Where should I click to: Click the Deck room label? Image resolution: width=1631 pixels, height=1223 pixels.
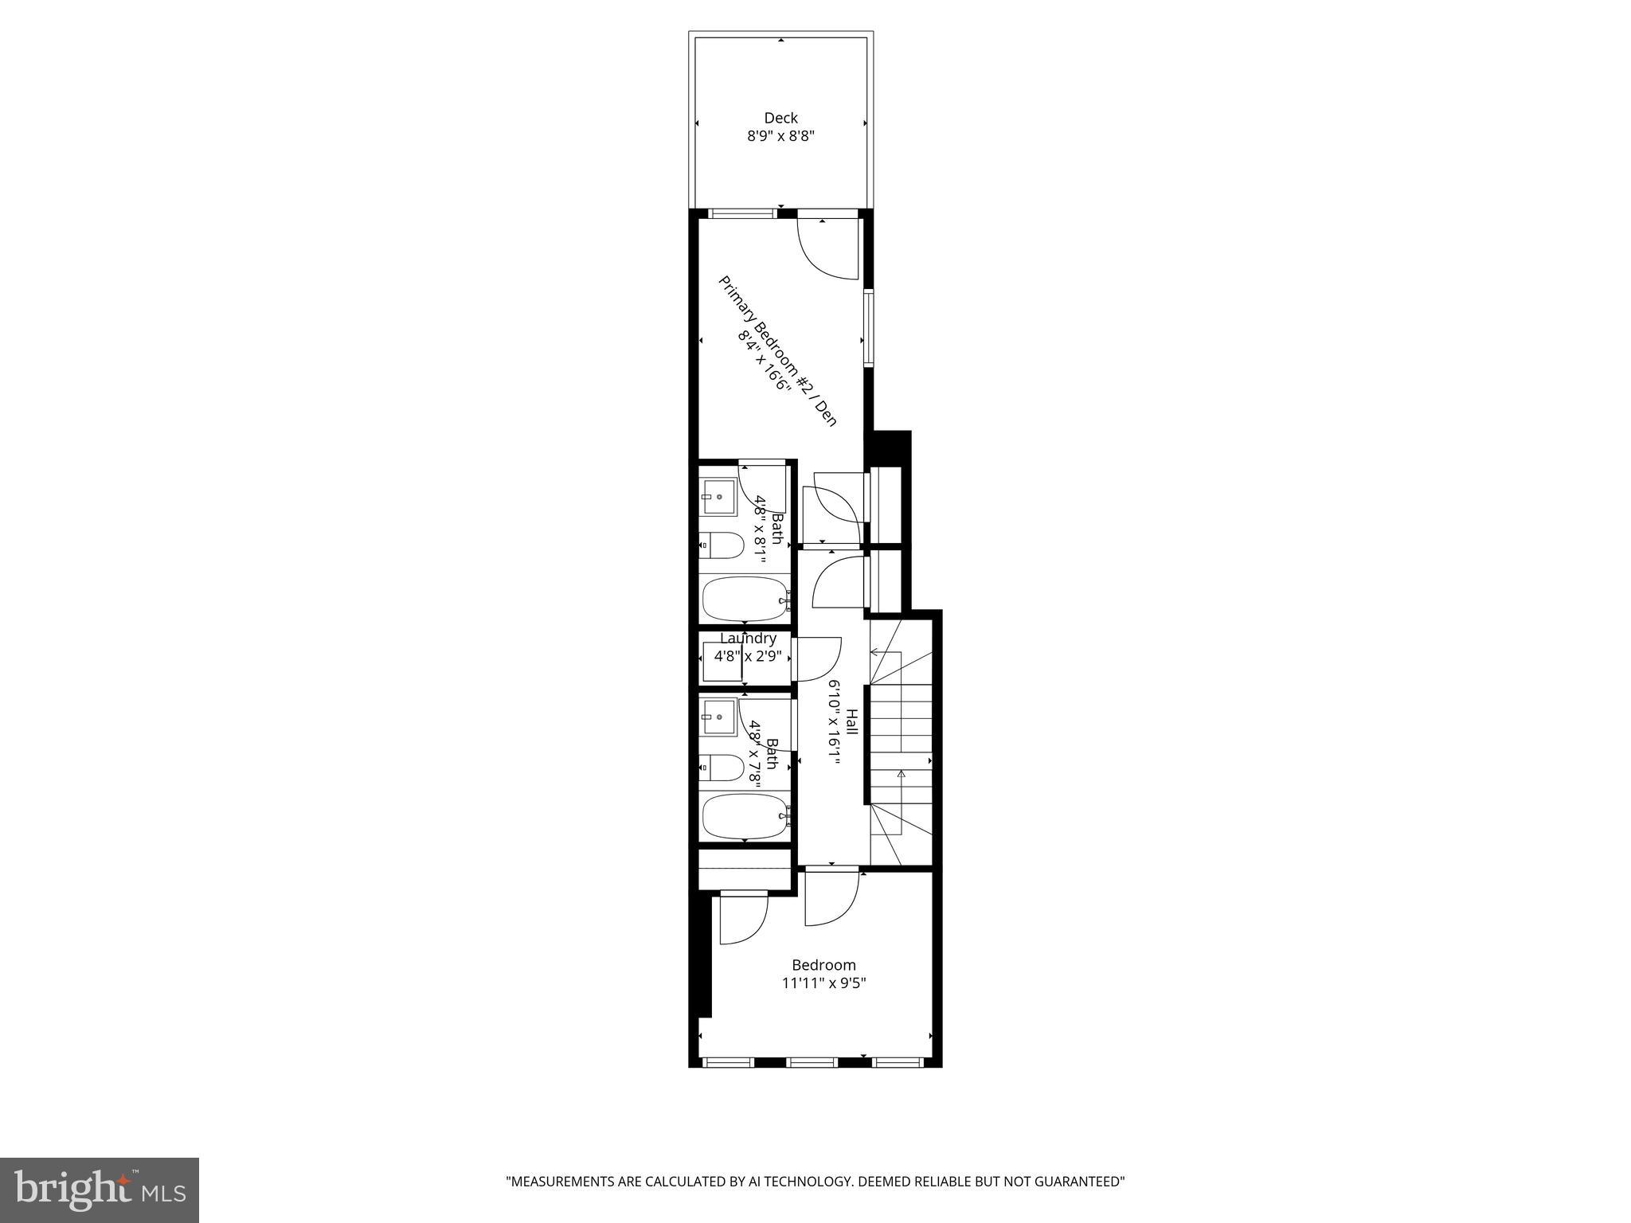click(x=780, y=118)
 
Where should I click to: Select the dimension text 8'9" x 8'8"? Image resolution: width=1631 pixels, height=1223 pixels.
click(x=780, y=136)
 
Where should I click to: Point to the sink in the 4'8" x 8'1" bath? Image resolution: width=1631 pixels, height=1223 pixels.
click(x=718, y=496)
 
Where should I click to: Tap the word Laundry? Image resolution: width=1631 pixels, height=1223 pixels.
click(x=748, y=639)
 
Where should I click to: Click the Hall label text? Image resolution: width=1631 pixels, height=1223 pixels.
click(x=852, y=721)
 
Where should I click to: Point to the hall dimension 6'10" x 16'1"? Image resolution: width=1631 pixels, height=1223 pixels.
click(x=834, y=721)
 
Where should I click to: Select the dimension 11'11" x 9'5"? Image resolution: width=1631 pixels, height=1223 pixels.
click(x=823, y=983)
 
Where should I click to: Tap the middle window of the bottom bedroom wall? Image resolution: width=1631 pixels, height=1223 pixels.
click(x=812, y=1061)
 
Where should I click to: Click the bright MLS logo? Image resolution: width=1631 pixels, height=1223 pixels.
click(x=100, y=1190)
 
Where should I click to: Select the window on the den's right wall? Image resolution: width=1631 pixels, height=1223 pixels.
click(x=868, y=328)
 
